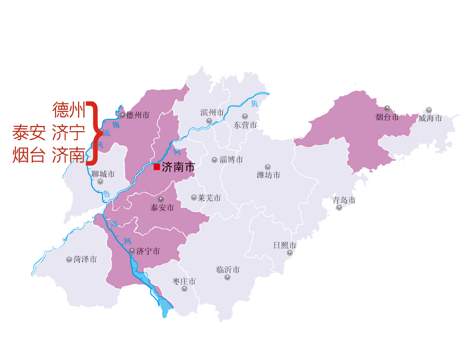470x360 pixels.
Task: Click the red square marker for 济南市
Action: pyautogui.click(x=157, y=166)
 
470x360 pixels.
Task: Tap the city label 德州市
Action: pyautogui.click(x=138, y=115)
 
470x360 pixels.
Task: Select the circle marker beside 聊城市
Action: pyautogui.click(x=100, y=181)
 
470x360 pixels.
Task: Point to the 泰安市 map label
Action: pyautogui.click(x=162, y=207)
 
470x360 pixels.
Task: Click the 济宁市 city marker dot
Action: pyautogui.click(x=132, y=251)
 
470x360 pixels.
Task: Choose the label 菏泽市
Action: pyautogui.click(x=85, y=259)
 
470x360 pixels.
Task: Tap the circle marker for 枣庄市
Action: pyautogui.click(x=184, y=289)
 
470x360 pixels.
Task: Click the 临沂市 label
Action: pyautogui.click(x=228, y=270)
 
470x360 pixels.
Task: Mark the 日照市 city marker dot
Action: pyautogui.click(x=290, y=252)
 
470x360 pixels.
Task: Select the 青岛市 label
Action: pyautogui.click(x=344, y=200)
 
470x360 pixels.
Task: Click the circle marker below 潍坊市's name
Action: pyautogui.click(x=267, y=167)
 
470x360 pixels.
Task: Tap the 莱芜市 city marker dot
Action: pyautogui.click(x=194, y=197)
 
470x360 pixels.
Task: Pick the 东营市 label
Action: pyautogui.click(x=245, y=125)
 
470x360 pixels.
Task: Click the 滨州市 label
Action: pyautogui.click(x=212, y=112)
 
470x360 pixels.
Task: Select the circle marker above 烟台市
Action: pyautogui.click(x=387, y=109)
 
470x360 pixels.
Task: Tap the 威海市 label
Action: pyautogui.click(x=430, y=118)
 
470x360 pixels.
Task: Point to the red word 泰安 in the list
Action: pyautogui.click(x=29, y=133)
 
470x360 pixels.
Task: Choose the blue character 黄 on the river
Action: pyautogui.click(x=254, y=103)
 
